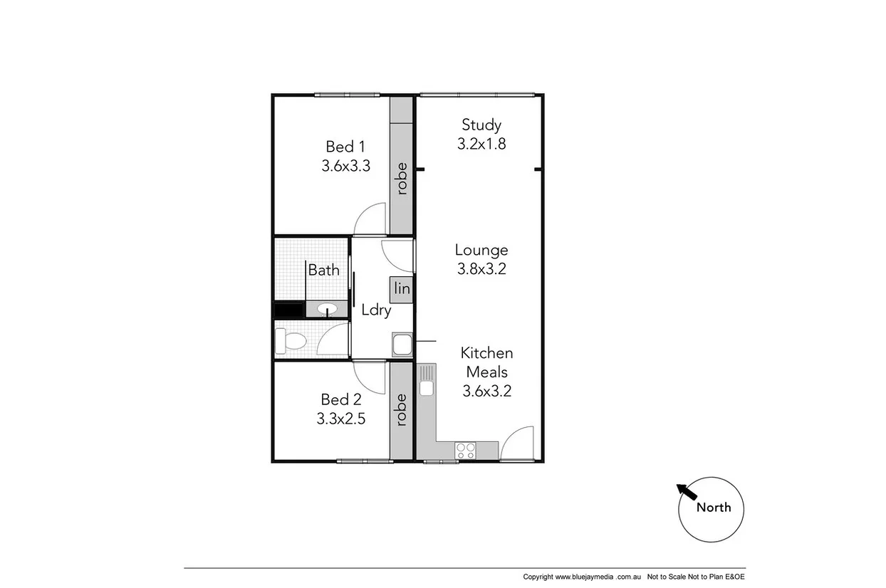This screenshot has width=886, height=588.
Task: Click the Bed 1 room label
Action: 345,147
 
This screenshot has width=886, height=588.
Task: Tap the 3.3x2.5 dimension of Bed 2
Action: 341,419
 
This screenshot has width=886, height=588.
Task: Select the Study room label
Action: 481,125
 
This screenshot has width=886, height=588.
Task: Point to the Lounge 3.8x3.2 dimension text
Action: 481,269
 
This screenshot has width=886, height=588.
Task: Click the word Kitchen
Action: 486,353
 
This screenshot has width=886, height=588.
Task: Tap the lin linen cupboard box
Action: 402,288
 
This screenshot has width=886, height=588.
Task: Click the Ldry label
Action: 376,310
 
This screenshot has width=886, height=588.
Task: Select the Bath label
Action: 323,271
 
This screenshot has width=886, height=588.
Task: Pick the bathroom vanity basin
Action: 327,309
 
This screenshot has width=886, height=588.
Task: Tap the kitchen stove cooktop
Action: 466,450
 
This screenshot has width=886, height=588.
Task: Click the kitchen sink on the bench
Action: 427,388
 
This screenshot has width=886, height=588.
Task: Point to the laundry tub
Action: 401,345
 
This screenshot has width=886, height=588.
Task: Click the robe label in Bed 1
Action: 402,179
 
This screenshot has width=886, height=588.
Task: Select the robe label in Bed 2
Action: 402,409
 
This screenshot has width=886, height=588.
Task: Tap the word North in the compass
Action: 713,508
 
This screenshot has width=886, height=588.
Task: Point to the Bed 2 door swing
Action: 370,374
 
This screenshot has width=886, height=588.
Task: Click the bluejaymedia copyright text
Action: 583,577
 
